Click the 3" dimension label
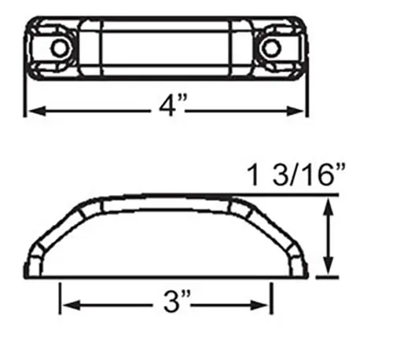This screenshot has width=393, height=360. (x=177, y=300)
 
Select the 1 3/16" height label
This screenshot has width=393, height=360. (x=296, y=174)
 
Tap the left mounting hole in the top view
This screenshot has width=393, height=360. (x=60, y=48)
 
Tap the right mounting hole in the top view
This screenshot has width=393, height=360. (x=270, y=48)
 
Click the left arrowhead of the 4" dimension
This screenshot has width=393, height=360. (x=37, y=111)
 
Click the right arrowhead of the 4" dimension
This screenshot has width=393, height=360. (x=295, y=111)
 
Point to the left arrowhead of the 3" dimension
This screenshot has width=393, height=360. (x=72, y=305)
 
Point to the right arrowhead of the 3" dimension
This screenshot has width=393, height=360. (x=259, y=305)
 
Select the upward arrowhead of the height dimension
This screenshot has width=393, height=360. (x=329, y=207)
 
